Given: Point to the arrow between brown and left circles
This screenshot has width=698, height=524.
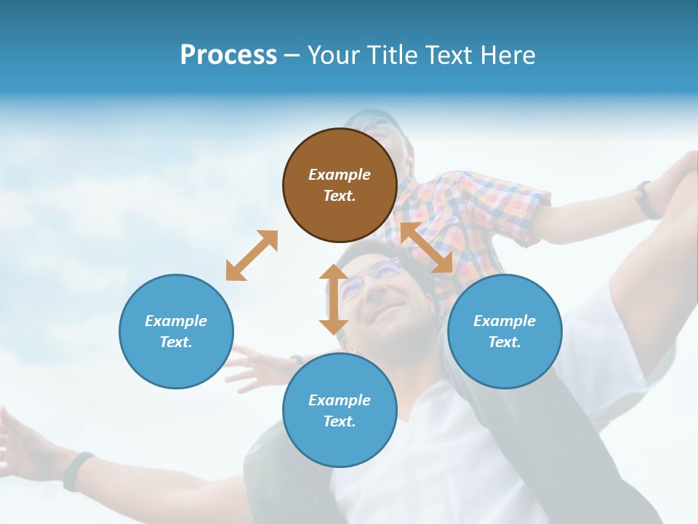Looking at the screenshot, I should pos(252,255).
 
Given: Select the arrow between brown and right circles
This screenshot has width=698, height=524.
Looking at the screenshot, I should pos(427,247).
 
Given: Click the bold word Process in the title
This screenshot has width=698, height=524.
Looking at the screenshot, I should pos(228,55).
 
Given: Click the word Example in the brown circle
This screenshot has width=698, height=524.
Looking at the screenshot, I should pos(340,175).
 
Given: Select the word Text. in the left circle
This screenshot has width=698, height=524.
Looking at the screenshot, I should pos(176,342).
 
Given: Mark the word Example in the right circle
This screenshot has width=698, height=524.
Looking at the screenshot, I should pos(505,321).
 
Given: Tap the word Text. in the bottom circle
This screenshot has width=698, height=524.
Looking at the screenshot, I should pos(340,421).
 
